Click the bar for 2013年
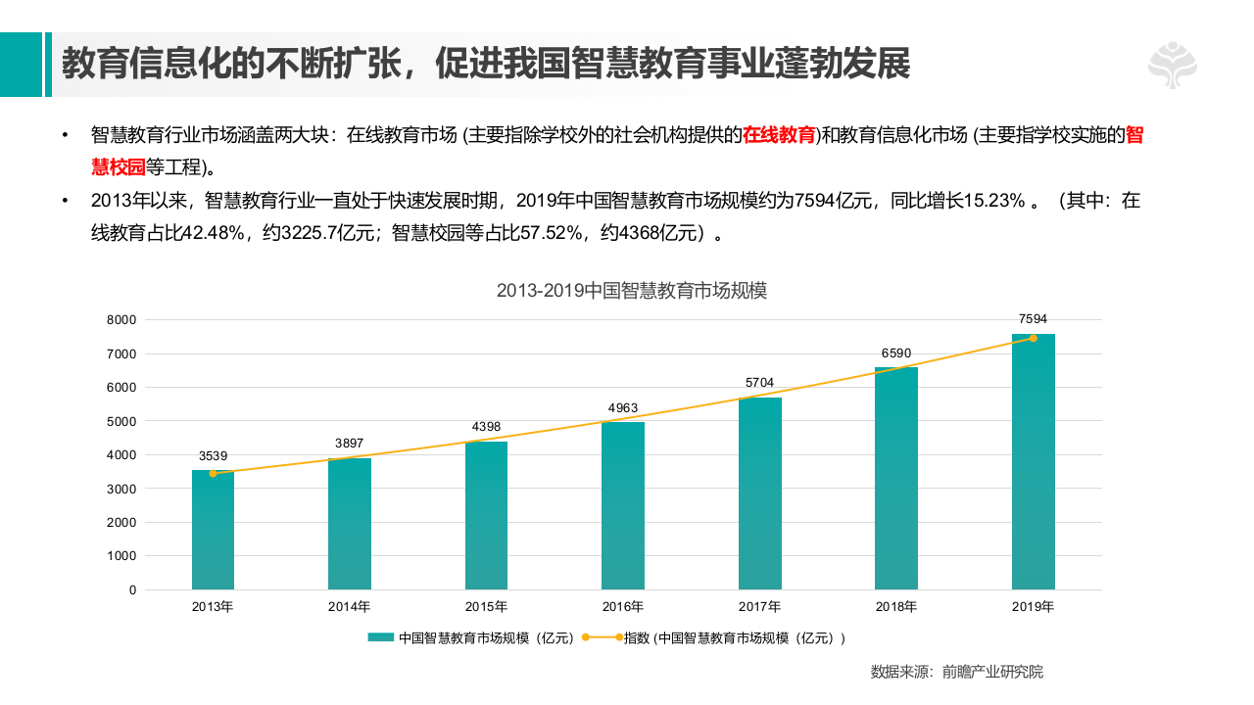point(213,530)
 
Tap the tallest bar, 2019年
point(1034,461)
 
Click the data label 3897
point(349,444)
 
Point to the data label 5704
point(759,383)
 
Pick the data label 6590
point(896,352)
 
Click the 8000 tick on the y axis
point(121,320)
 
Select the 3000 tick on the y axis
point(121,489)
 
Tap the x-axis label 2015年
point(486,607)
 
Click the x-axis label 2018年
point(896,607)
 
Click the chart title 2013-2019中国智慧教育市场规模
point(632,291)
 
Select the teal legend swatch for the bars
point(381,638)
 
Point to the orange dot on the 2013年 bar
point(213,474)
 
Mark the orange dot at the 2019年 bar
point(1034,339)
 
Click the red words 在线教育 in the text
point(779,135)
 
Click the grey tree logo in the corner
point(1173,66)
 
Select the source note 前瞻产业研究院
point(992,672)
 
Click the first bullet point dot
point(65,135)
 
